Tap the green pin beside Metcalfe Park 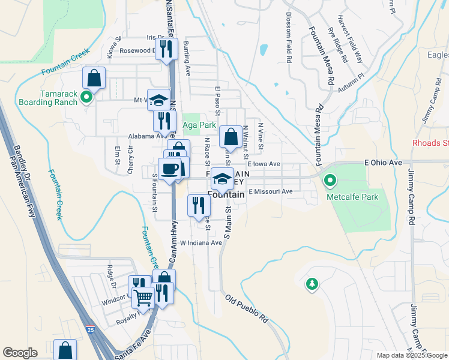330,180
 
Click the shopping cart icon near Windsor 143,296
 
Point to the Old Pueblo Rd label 247,309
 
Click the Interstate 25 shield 90,329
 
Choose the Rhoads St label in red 430,143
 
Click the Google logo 20,353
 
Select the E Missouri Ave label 270,191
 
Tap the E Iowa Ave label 264,164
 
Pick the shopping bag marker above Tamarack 94,77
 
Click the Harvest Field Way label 350,38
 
